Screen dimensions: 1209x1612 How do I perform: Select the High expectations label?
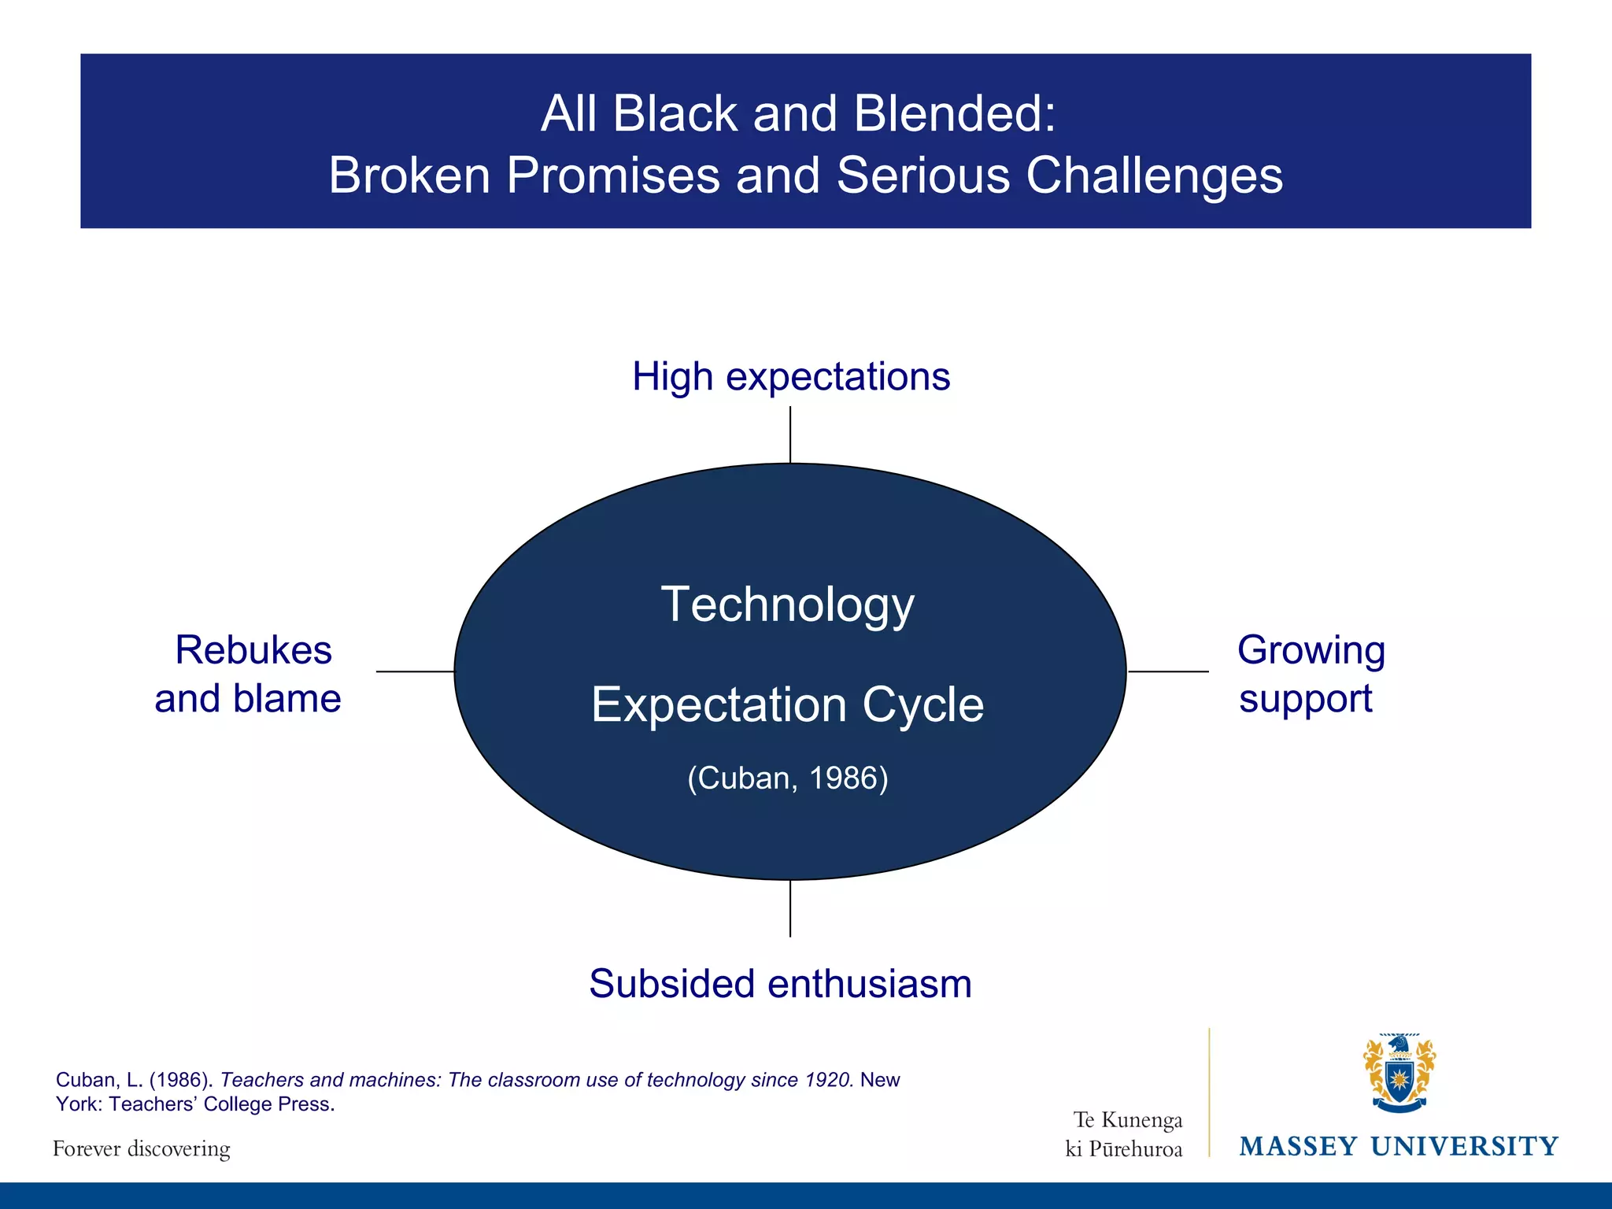[x=791, y=377]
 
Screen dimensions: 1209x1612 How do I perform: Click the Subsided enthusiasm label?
[x=780, y=984]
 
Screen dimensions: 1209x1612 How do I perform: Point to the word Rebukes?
[x=253, y=651]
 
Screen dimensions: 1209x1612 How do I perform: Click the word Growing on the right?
[x=1311, y=651]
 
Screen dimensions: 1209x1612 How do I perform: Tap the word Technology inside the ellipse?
[x=787, y=604]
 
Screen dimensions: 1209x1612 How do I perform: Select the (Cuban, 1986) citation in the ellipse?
[x=787, y=778]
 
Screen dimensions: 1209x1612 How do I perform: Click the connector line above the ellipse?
[x=790, y=434]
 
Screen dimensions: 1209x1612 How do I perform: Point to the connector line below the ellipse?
[x=790, y=908]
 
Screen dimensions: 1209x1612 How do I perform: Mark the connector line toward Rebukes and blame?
[x=415, y=671]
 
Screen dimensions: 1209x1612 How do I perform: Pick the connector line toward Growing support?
[x=1168, y=671]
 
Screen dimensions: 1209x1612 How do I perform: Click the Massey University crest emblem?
[x=1399, y=1073]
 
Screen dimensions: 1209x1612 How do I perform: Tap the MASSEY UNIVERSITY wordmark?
[x=1399, y=1146]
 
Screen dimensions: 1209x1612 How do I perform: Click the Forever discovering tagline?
[x=142, y=1149]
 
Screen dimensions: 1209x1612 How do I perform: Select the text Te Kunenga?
[x=1127, y=1120]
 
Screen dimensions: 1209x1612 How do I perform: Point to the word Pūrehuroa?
[x=1135, y=1149]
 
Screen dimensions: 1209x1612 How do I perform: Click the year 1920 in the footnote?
[x=829, y=1080]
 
